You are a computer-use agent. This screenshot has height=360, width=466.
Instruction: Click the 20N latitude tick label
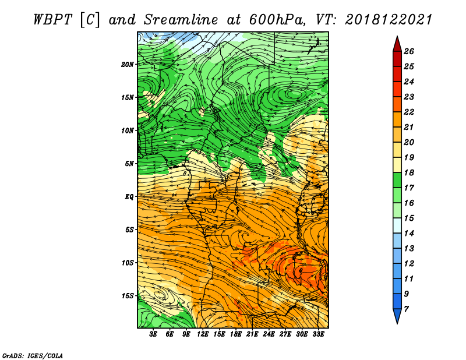[x=128, y=64]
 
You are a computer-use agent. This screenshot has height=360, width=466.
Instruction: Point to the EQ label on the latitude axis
[x=129, y=196]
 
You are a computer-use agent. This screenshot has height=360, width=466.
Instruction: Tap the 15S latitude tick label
[x=128, y=296]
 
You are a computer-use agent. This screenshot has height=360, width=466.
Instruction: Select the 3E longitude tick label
[x=153, y=334]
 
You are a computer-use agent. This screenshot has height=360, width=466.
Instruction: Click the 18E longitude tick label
[x=235, y=334]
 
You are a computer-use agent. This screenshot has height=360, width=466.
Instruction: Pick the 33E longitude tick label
[x=318, y=334]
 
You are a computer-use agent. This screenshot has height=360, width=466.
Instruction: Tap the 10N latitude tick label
[x=128, y=130]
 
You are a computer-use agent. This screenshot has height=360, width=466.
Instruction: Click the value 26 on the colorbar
[x=409, y=51]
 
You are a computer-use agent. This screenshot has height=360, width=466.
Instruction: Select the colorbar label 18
[x=409, y=172]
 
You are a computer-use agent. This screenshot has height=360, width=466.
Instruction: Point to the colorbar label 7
[x=406, y=309]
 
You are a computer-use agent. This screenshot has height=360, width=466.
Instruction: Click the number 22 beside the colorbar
[x=409, y=112]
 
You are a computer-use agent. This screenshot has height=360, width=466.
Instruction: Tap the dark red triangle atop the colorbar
[x=397, y=44]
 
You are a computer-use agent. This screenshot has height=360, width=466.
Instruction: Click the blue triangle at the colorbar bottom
[x=397, y=316]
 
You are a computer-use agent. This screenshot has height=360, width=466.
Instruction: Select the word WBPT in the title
[x=52, y=20]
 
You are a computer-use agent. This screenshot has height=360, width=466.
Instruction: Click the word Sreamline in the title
[x=181, y=20]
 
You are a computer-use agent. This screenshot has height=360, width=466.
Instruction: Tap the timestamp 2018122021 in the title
[x=388, y=20]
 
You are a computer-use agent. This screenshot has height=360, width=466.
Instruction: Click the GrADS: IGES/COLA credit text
[x=33, y=355]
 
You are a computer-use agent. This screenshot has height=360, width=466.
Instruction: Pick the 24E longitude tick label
[x=269, y=334]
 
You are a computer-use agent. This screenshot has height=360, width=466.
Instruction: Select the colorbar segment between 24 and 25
[x=397, y=74]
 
